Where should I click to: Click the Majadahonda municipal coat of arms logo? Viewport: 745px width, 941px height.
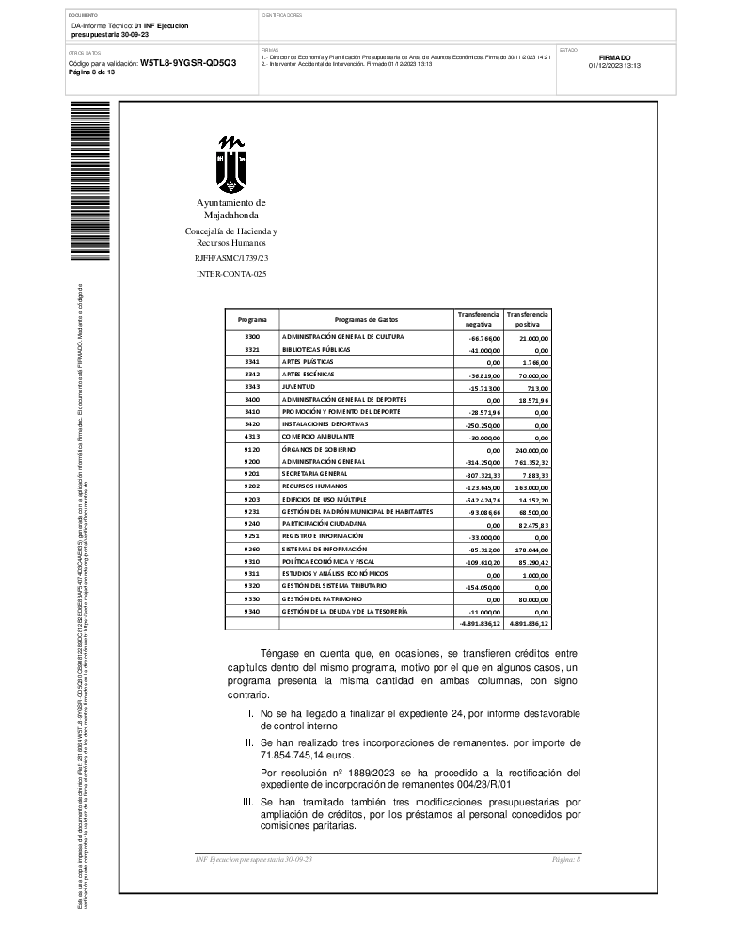pos(230,165)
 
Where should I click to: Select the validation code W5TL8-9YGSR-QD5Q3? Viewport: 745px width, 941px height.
pos(188,62)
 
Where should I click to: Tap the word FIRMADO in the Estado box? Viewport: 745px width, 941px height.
pos(614,57)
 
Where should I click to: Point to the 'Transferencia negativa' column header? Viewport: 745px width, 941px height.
pos(479,319)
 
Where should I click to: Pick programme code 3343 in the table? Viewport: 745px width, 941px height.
pos(251,387)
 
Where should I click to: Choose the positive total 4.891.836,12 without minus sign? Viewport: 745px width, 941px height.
pos(529,623)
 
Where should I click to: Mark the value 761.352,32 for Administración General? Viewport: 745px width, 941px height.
pos(531,463)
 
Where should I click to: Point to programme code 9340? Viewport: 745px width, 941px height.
pos(251,612)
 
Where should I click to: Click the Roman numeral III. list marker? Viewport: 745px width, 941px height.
pos(249,802)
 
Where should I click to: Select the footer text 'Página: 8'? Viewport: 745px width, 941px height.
pos(566,860)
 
